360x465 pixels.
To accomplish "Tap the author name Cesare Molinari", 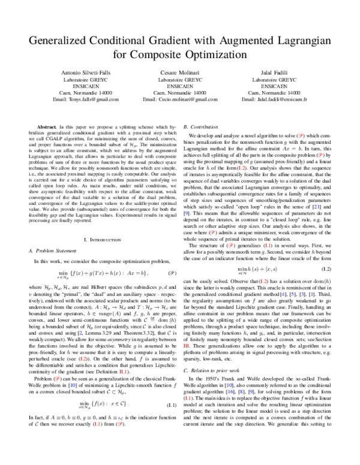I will [x=180, y=71].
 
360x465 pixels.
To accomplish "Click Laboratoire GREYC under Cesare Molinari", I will [x=180, y=78].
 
